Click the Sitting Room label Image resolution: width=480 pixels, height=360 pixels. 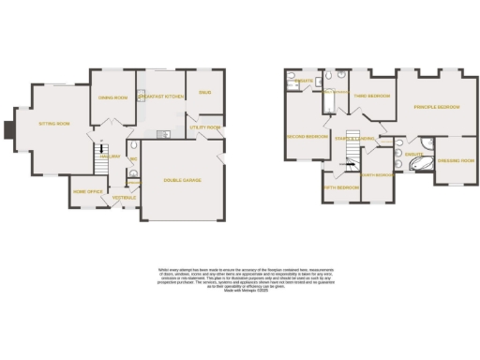point(53,124)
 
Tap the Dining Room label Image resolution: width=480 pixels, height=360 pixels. point(112,97)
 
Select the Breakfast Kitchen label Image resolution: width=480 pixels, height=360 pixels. point(157,97)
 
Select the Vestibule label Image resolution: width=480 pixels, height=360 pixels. point(125,198)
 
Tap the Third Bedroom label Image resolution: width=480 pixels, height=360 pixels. point(372,97)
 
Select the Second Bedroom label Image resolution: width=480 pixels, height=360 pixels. point(307,137)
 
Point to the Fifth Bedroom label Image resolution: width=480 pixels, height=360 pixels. point(341,187)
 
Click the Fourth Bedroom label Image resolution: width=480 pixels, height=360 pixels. point(377,173)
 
